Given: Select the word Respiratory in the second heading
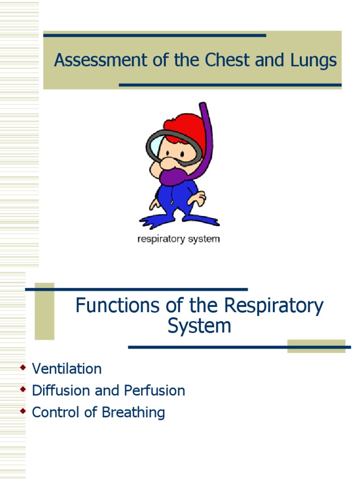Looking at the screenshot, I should (273, 306).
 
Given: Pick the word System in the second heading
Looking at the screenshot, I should (200, 326).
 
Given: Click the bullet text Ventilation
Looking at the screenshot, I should (67, 369).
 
